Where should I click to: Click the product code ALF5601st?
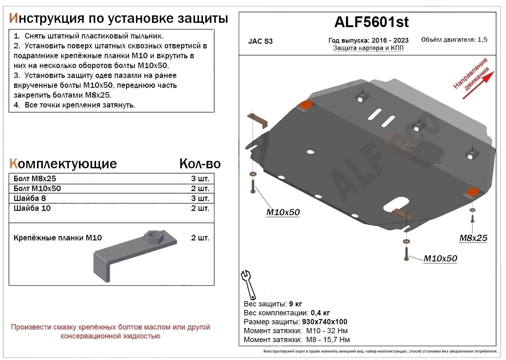click(371, 22)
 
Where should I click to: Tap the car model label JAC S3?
click(260, 41)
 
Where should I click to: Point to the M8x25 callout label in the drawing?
click(473, 238)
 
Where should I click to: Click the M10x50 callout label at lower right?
click(440, 258)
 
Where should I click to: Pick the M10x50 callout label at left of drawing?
click(283, 212)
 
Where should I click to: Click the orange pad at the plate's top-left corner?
click(305, 105)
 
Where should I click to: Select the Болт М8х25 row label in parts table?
click(35, 178)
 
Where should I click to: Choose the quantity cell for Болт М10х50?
click(200, 188)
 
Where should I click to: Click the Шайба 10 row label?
click(32, 208)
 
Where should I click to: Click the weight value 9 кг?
click(295, 304)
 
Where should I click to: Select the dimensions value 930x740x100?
click(324, 322)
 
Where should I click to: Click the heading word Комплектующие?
click(63, 164)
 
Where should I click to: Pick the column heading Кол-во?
click(200, 164)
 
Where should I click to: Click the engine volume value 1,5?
click(482, 39)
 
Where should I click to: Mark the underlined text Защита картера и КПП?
click(368, 48)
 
